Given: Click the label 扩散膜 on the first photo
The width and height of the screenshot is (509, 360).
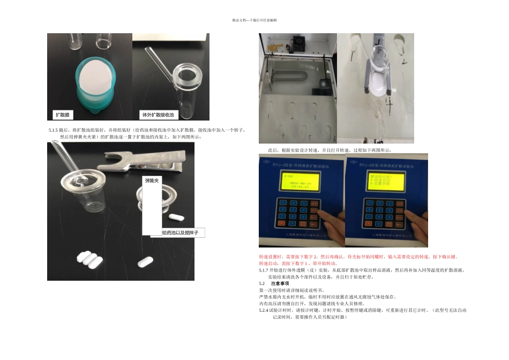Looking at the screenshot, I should pyautogui.click(x=64, y=115).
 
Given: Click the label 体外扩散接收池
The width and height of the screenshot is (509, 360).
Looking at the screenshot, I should pyautogui.click(x=158, y=115).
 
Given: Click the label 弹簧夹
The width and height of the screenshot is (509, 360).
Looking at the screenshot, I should pyautogui.click(x=152, y=182).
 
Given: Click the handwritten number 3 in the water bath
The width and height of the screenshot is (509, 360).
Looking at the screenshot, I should pyautogui.click(x=315, y=117).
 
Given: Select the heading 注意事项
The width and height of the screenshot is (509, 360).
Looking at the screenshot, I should pyautogui.click(x=280, y=283).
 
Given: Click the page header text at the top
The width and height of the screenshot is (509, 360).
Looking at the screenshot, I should pyautogui.click(x=254, y=20).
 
